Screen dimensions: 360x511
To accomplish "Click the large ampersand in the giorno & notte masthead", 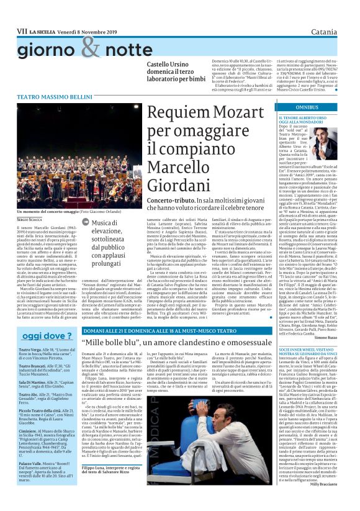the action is (x=91, y=47).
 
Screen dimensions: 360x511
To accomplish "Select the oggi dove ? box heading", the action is (x=38, y=336).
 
